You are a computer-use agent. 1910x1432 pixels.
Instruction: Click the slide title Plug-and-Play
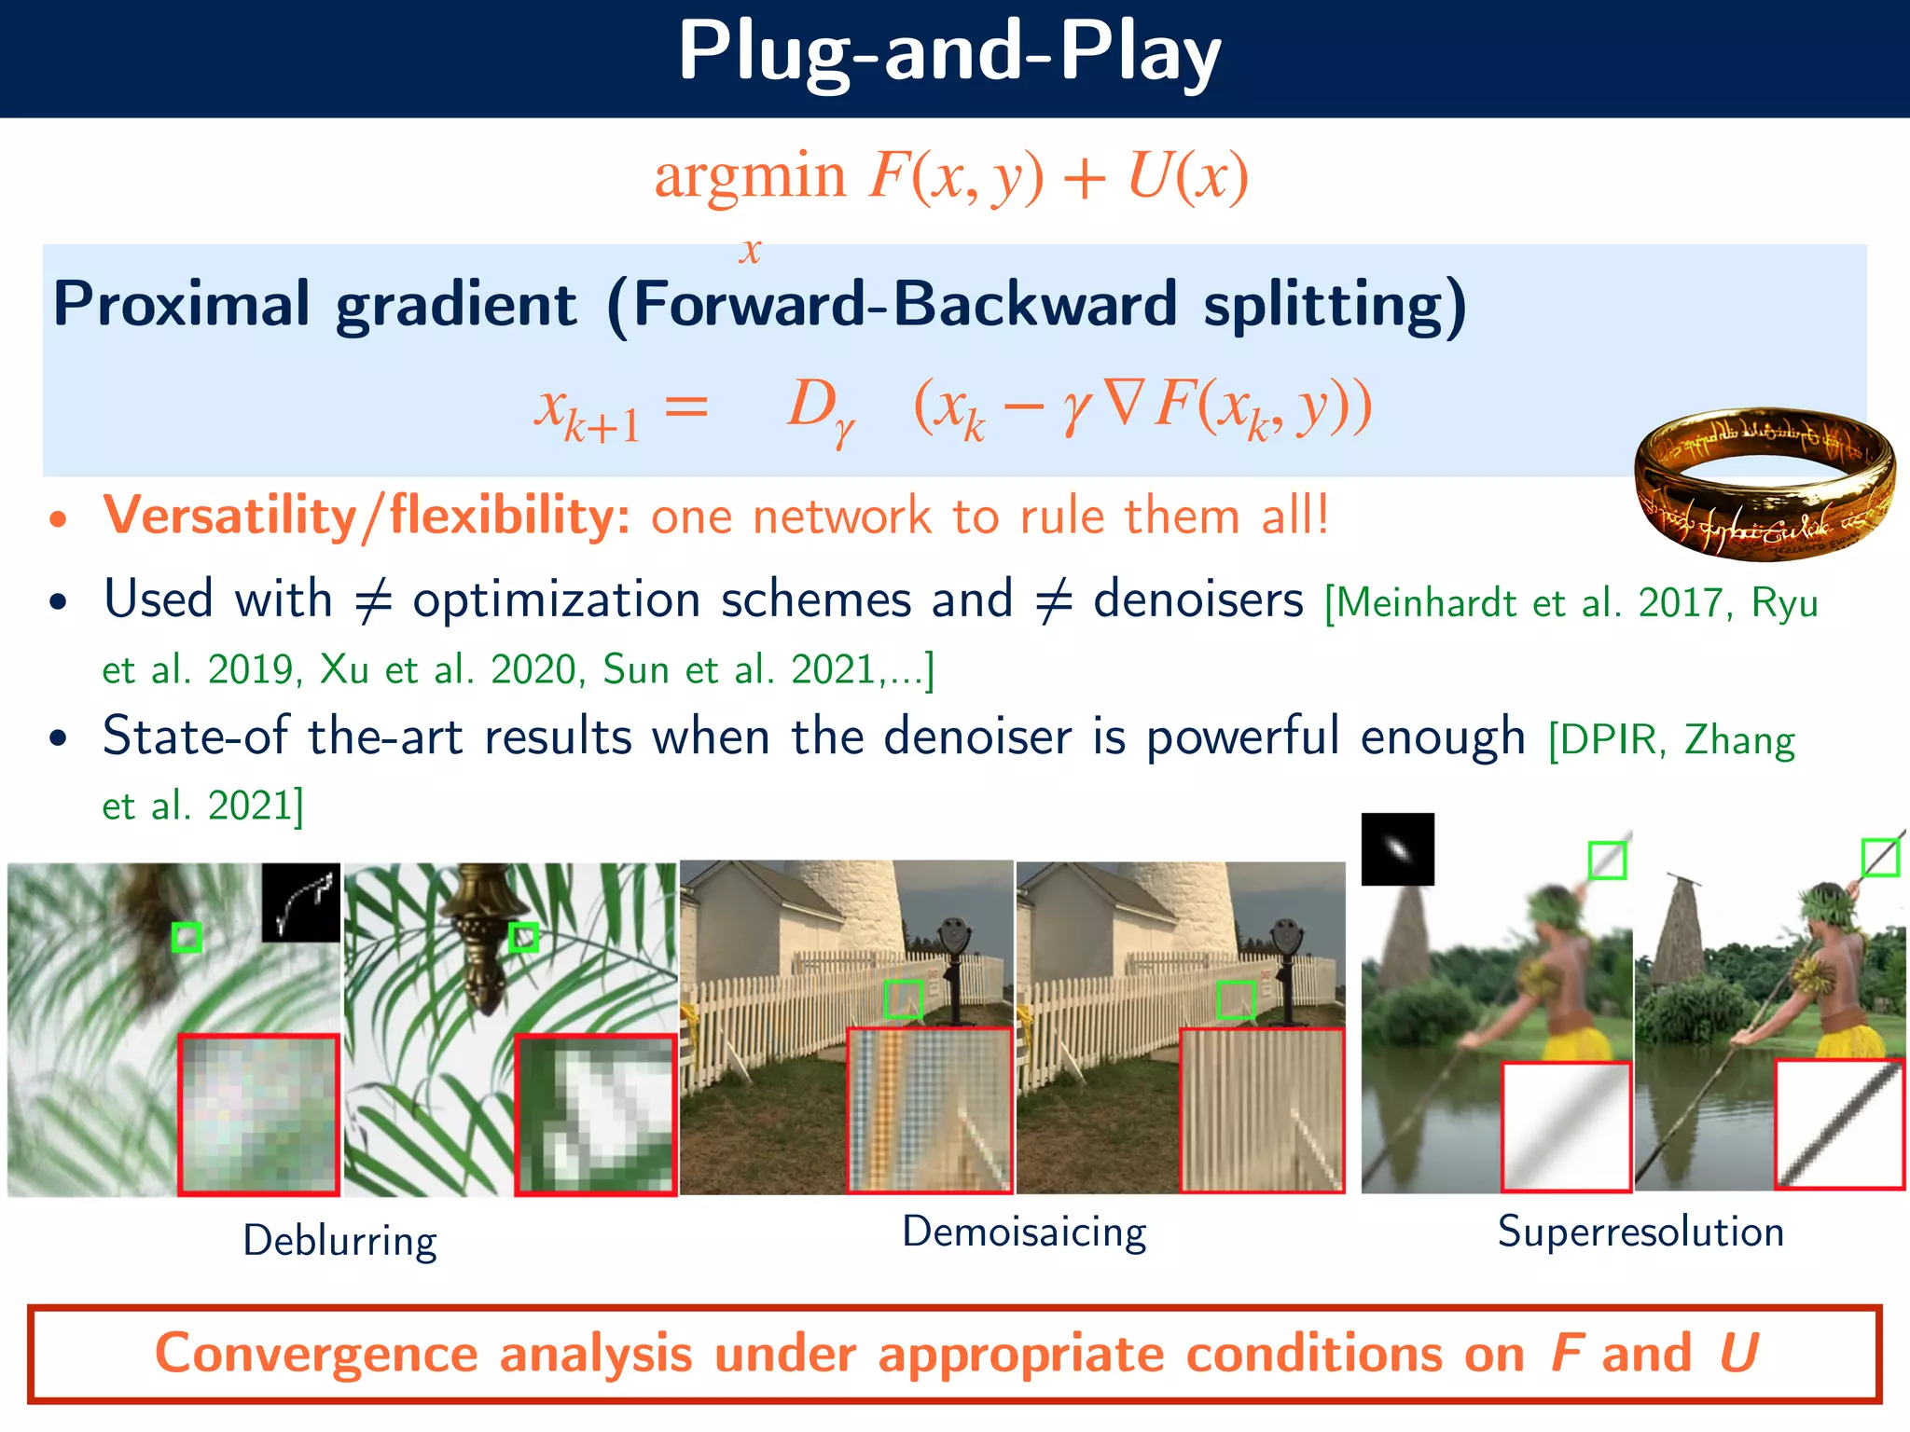949,54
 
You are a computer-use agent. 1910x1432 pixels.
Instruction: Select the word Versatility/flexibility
366,516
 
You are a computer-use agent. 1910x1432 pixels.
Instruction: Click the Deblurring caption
339,1242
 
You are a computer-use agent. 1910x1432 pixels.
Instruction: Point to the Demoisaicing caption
1023,1232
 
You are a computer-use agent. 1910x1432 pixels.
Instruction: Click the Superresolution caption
1640,1232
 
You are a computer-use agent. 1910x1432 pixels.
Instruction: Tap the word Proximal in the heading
181,304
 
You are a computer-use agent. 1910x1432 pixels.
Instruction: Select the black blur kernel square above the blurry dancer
1397,848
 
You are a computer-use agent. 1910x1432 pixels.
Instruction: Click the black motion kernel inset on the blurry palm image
300,902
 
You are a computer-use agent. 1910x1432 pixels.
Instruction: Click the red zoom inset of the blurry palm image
258,1114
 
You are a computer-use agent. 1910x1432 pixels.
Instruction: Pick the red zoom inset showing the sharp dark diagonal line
1838,1124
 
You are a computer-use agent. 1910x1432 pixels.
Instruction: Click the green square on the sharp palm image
524,937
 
